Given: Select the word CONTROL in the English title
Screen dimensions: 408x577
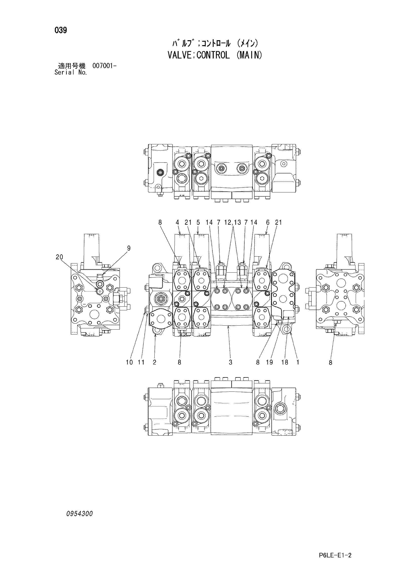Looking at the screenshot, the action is [213, 55].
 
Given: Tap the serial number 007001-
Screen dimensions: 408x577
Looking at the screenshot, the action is [104, 66].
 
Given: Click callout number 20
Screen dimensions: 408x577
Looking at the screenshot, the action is [59, 257].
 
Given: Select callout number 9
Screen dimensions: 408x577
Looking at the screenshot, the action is [129, 248].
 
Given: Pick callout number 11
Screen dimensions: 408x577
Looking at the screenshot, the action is [141, 362].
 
